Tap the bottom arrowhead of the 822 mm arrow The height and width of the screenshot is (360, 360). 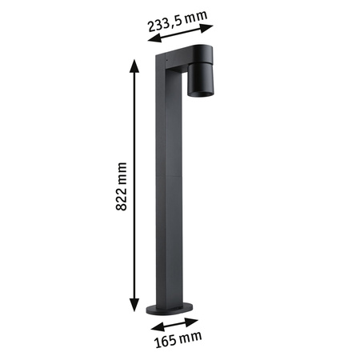pyautogui.click(x=132, y=311)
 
